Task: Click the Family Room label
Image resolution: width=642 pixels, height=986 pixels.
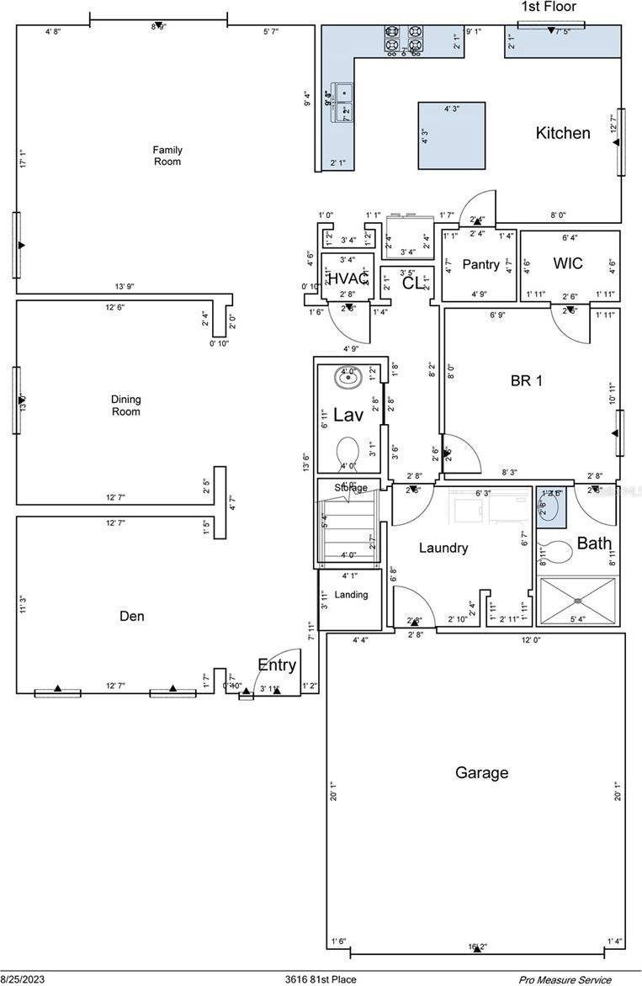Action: tap(167, 156)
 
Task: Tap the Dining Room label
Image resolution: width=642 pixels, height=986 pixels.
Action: tap(126, 406)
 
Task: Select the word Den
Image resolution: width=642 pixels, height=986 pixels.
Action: tap(132, 616)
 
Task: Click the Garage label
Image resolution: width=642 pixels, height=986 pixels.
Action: tap(481, 772)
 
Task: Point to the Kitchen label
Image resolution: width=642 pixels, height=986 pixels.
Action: tap(563, 133)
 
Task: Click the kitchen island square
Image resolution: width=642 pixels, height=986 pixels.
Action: tap(453, 135)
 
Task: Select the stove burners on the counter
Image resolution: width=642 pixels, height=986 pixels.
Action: tap(404, 40)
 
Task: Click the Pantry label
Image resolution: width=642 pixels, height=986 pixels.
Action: tap(481, 264)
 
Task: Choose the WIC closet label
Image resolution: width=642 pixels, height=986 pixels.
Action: tap(568, 263)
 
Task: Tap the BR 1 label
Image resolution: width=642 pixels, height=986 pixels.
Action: tap(527, 380)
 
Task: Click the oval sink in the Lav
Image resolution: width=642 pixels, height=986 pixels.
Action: tap(348, 378)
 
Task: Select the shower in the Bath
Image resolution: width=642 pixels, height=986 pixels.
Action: tap(579, 601)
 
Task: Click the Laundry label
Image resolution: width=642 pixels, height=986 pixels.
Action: tap(443, 548)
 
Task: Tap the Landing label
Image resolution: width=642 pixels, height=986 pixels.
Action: tap(351, 595)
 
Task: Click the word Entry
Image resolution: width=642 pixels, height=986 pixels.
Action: tap(277, 665)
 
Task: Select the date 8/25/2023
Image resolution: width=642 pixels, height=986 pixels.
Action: tap(24, 978)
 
